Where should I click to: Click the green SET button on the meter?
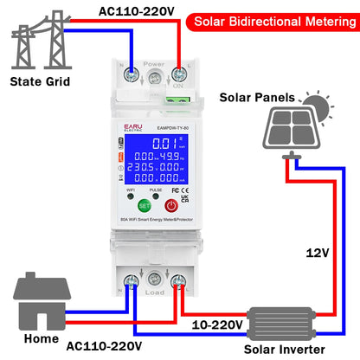pos(145,205)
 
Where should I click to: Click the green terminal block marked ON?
pos(183,77)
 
